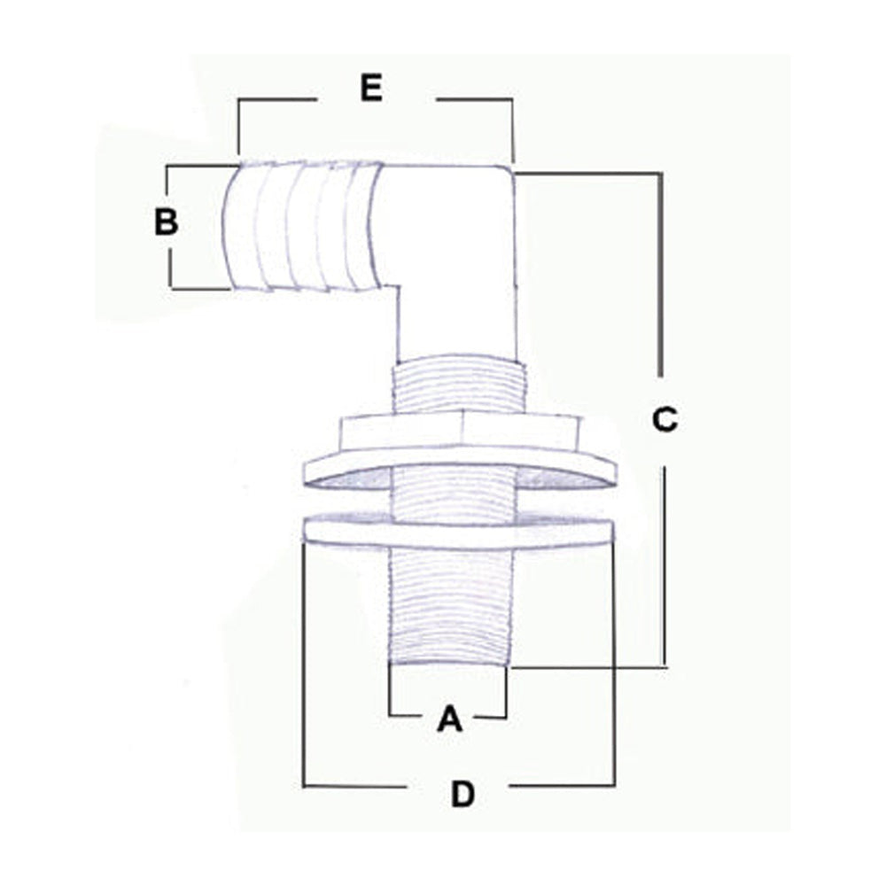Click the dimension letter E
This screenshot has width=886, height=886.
click(372, 88)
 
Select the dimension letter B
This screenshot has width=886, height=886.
click(167, 221)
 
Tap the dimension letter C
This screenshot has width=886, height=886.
click(664, 419)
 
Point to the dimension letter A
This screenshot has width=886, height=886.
click(450, 719)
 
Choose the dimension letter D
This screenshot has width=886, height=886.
click(462, 795)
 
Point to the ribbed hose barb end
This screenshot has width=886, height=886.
click(302, 227)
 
